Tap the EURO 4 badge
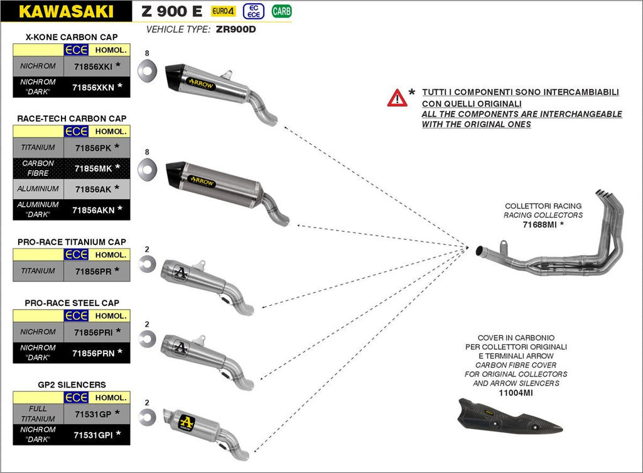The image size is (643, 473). (223, 11)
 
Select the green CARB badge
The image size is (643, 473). (281, 11)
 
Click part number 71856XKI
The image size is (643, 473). (92, 66)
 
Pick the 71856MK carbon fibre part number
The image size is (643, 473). (92, 168)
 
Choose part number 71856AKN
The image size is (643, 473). (93, 210)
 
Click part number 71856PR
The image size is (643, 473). (92, 271)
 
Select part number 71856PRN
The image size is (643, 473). (93, 353)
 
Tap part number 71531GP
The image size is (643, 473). (92, 414)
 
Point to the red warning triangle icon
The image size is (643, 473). (397, 97)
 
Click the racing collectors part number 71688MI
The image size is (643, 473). (540, 224)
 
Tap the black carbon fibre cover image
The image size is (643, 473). (509, 417)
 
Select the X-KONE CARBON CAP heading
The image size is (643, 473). (72, 37)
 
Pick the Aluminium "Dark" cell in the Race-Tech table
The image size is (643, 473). (38, 209)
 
